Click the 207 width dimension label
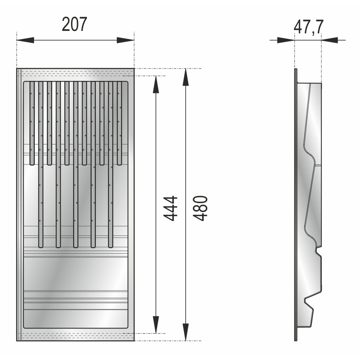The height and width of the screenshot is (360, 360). (x=75, y=24)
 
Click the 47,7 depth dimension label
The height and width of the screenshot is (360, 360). (x=309, y=27)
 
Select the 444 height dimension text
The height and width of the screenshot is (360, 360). (x=170, y=208)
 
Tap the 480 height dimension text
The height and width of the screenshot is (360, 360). (x=200, y=208)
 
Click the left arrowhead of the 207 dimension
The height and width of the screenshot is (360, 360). (x=25, y=40)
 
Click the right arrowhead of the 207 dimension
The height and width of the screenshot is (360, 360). (x=125, y=40)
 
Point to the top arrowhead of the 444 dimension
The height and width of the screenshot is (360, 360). (x=156, y=84)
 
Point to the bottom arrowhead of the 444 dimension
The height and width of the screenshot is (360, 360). (x=156, y=324)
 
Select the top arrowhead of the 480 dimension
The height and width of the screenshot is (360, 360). (x=186, y=77)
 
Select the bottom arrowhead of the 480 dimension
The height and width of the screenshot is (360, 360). (x=186, y=332)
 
